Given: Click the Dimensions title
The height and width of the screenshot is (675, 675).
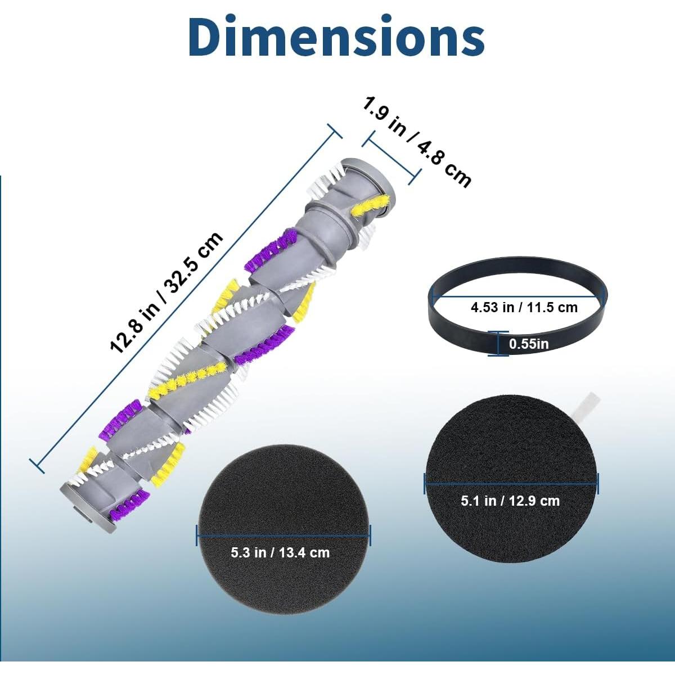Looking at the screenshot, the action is tap(336, 37).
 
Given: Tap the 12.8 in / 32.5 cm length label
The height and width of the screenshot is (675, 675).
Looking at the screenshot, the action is tap(166, 292).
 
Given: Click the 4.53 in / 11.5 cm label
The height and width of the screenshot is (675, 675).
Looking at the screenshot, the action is tap(524, 307).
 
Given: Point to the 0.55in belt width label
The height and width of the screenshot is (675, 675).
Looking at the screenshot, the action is tap(529, 344).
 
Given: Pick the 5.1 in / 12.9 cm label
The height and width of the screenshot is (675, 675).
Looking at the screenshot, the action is tap(510, 501).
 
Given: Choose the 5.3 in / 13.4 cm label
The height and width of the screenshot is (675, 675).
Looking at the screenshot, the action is tap(280, 552).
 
